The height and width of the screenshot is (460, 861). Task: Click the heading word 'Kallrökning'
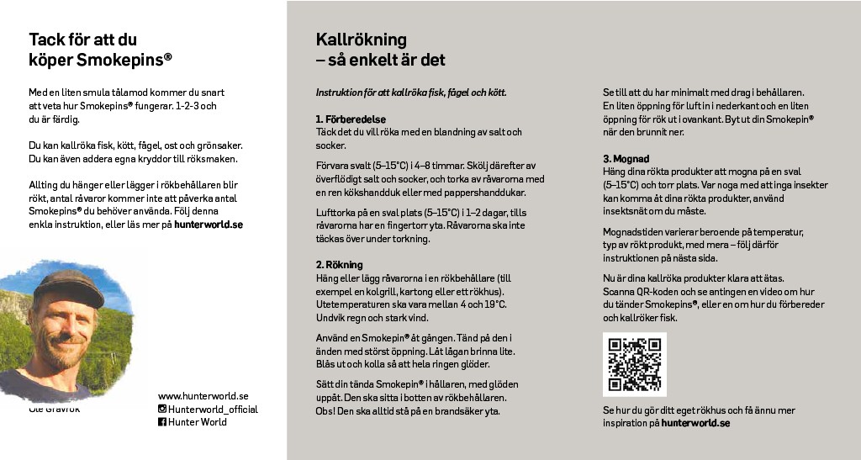[x=361, y=40]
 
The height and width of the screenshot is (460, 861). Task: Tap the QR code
[x=635, y=364]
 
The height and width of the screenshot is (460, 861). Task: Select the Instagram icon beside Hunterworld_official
[x=162, y=410]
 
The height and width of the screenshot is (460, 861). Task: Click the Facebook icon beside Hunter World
[x=162, y=422]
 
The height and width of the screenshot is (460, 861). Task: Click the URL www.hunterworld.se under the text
[x=203, y=396]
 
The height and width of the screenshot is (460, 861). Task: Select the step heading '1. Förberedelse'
[x=351, y=119]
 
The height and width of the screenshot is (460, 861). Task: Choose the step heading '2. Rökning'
[x=339, y=265]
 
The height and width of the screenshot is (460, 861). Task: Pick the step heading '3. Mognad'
[x=626, y=158]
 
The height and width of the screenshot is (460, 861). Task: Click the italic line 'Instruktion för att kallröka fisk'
[x=410, y=92]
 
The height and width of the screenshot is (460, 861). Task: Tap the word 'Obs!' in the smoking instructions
[x=325, y=411]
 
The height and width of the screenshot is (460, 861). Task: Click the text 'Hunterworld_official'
[x=213, y=410]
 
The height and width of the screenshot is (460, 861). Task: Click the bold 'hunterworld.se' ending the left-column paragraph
[x=209, y=225]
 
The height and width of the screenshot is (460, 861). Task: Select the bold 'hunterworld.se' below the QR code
[x=695, y=423]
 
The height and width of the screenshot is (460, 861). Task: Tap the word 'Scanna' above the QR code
[x=619, y=291]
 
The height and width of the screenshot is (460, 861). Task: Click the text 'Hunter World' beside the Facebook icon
[x=198, y=422]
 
